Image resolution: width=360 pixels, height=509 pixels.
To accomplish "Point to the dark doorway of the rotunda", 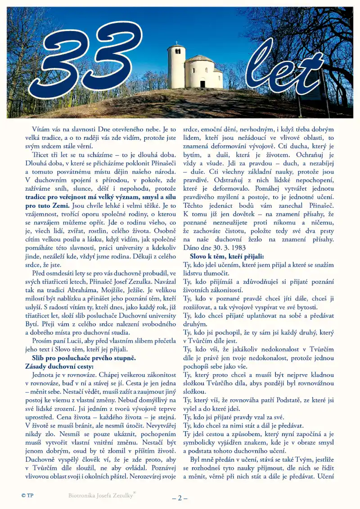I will coord(202,84).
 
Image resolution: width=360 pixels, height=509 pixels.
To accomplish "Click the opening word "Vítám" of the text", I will coord(41,129).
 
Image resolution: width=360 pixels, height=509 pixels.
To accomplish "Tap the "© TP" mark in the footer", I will coord(27,495).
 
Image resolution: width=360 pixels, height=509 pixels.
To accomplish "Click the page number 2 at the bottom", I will coord(180,498).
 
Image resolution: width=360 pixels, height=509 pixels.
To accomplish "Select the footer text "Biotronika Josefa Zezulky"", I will coord(101,495).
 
